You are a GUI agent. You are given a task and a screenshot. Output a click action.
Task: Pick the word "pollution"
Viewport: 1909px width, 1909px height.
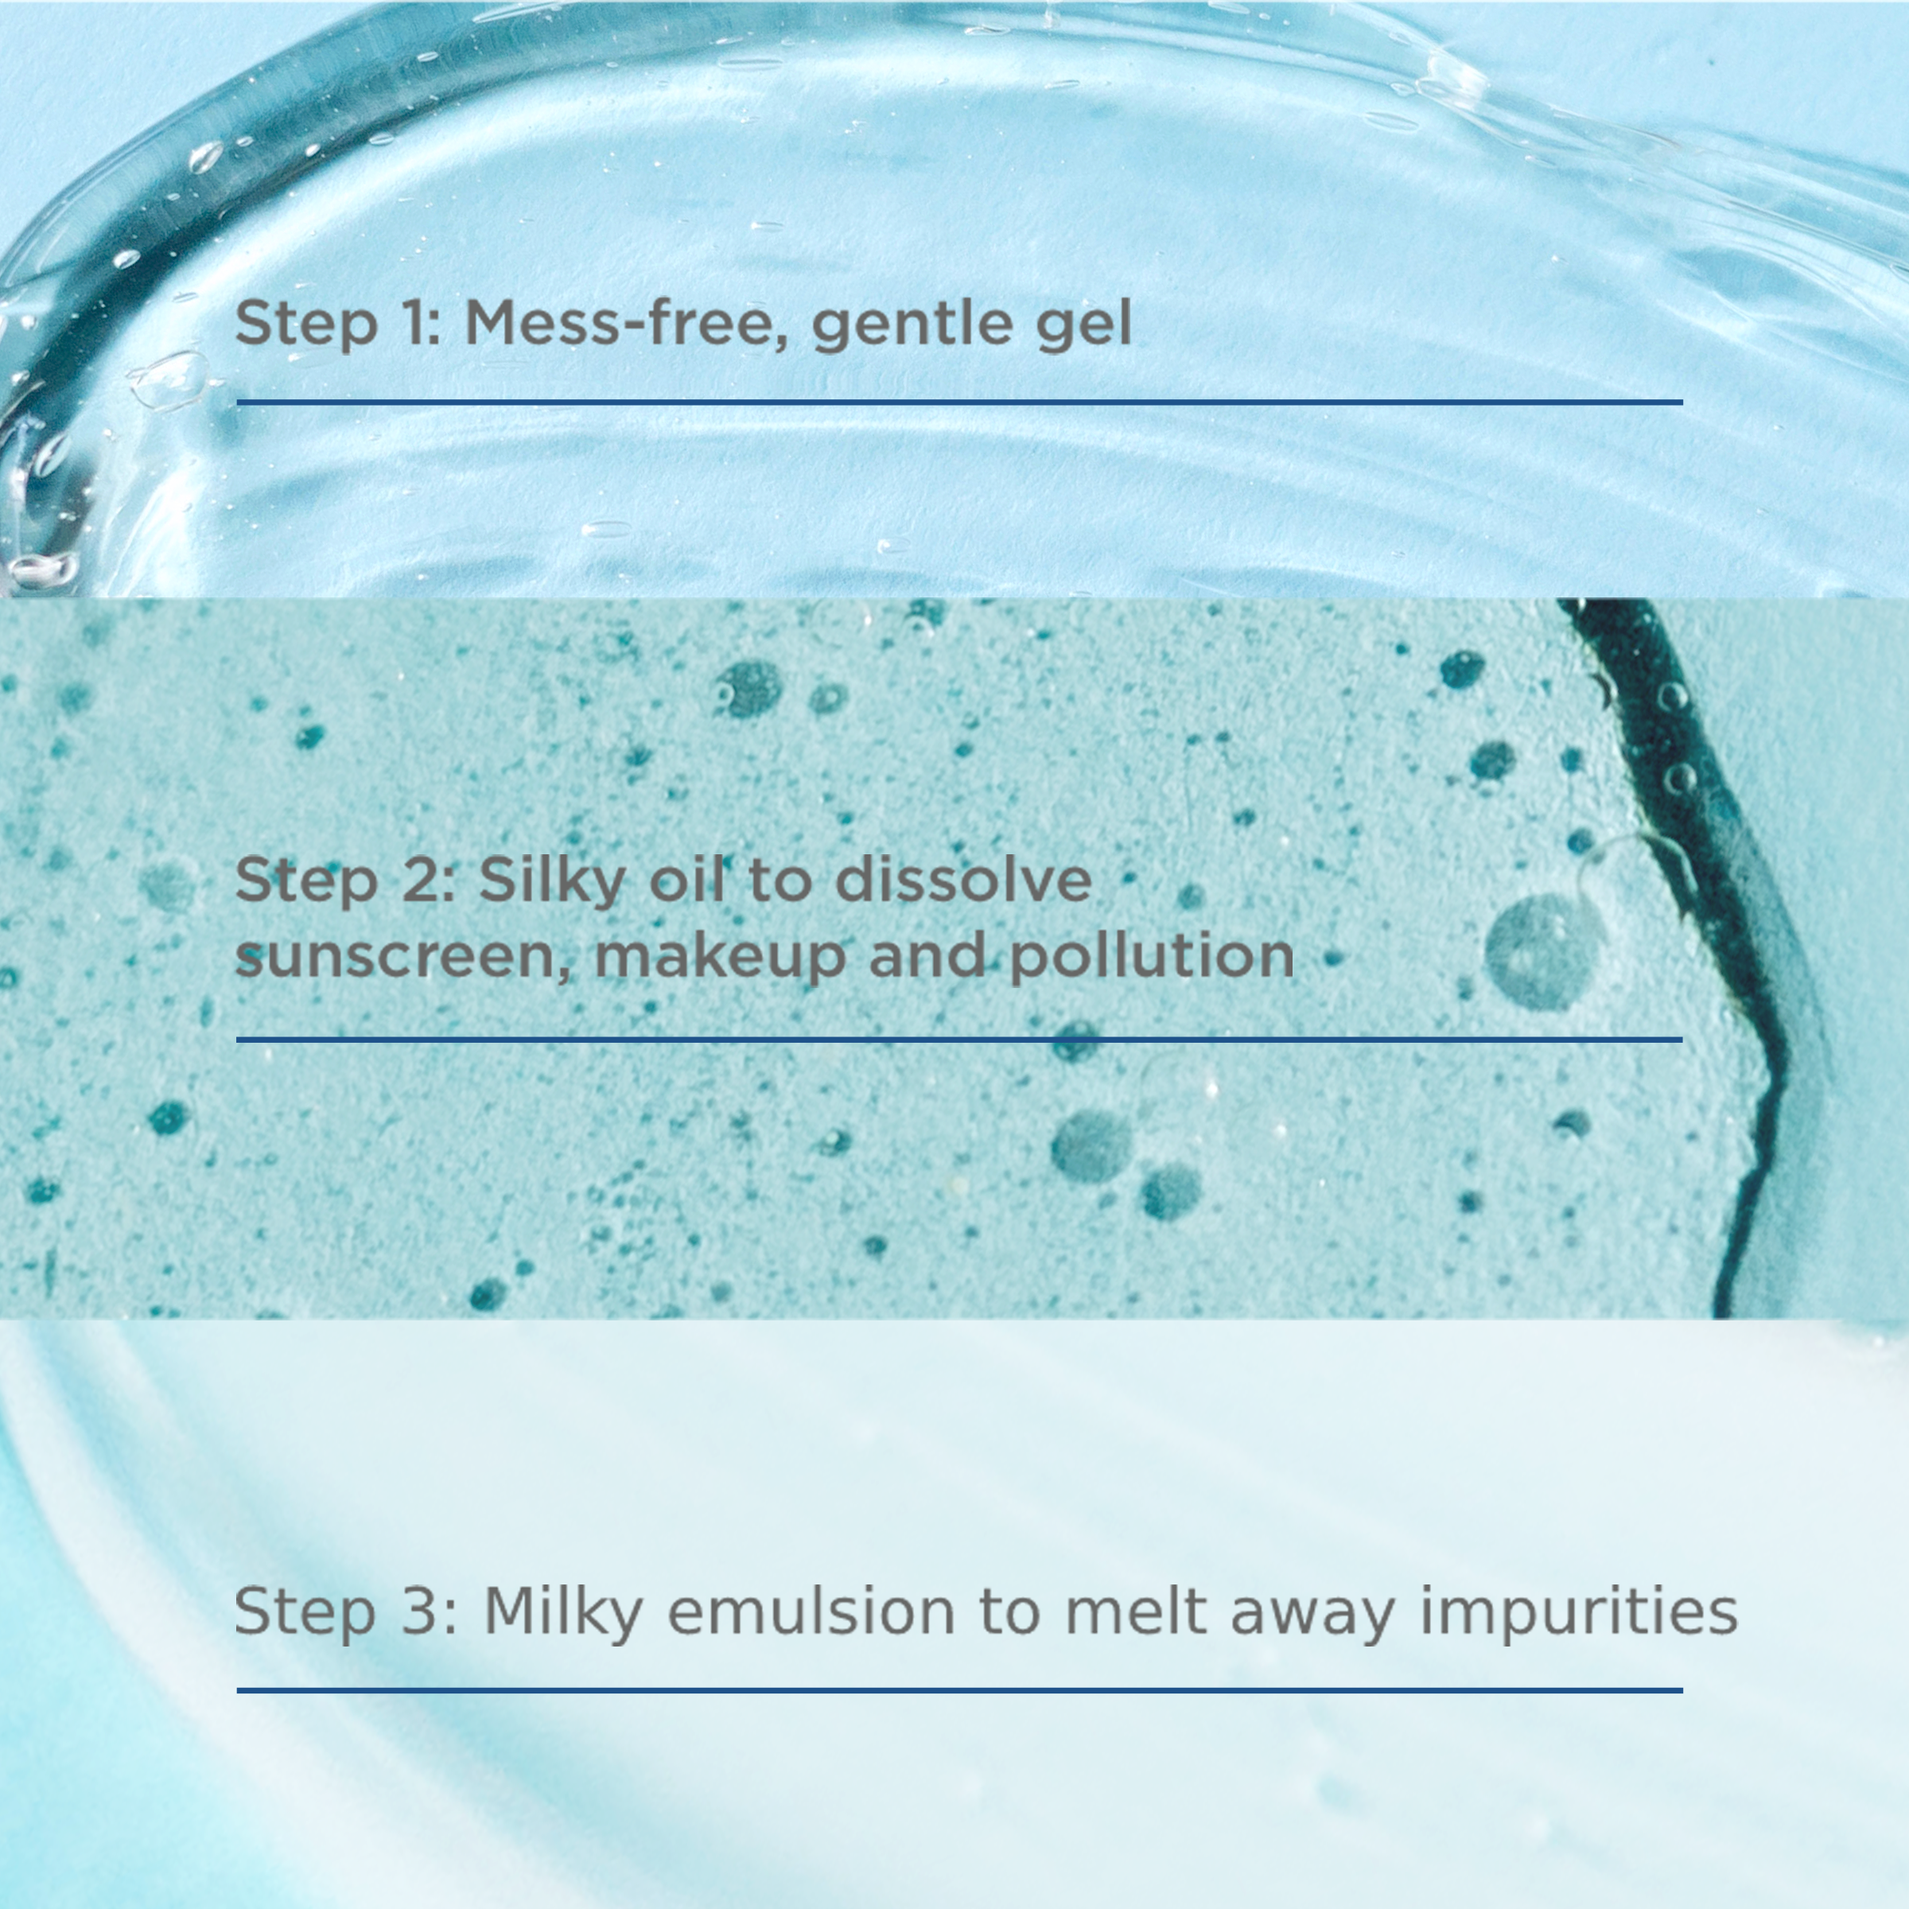tap(1152, 956)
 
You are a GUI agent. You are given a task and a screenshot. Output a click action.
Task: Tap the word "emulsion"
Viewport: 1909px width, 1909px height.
tap(811, 1611)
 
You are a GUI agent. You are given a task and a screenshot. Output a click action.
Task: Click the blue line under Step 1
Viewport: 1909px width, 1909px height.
tap(958, 402)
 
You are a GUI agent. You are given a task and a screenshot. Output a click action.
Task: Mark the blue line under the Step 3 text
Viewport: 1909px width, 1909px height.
tap(958, 1690)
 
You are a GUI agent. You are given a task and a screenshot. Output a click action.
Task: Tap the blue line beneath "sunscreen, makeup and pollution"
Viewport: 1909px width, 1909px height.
tap(958, 1039)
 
